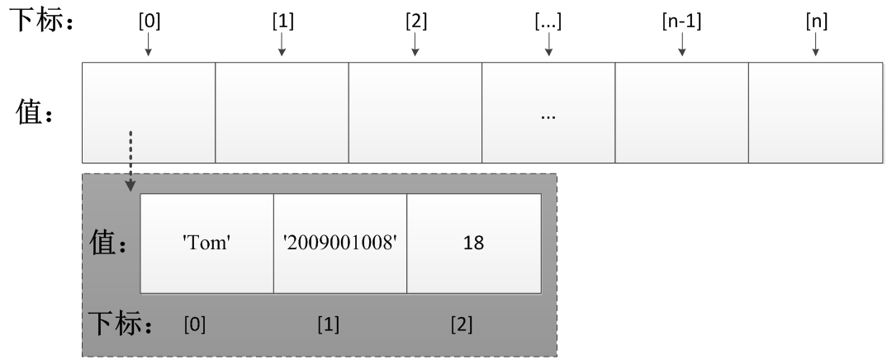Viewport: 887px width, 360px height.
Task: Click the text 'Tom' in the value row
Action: (x=206, y=244)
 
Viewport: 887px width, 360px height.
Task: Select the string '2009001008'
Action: (x=340, y=244)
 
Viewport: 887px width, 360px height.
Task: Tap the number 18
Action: (x=474, y=244)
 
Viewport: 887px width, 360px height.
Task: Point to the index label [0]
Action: (x=195, y=324)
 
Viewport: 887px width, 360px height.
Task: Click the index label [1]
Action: (x=328, y=324)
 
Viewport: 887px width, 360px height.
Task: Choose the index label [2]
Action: (x=462, y=324)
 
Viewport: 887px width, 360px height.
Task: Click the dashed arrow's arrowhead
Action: (x=130, y=187)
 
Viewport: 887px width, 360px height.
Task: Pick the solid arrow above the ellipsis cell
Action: (x=548, y=45)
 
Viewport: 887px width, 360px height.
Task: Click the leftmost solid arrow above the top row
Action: (x=149, y=45)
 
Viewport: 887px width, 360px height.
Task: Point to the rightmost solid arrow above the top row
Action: (x=816, y=45)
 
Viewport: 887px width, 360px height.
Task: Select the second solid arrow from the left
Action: (x=282, y=45)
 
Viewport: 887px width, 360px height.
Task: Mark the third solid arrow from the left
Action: (x=415, y=45)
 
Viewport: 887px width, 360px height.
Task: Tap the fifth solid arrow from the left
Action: (x=682, y=45)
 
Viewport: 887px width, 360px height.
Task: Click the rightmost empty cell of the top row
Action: (x=815, y=112)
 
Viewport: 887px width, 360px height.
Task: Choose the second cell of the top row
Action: (x=282, y=112)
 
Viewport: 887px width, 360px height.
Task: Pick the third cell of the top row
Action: (x=415, y=112)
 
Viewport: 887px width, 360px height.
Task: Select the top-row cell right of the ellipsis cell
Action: (x=682, y=112)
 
